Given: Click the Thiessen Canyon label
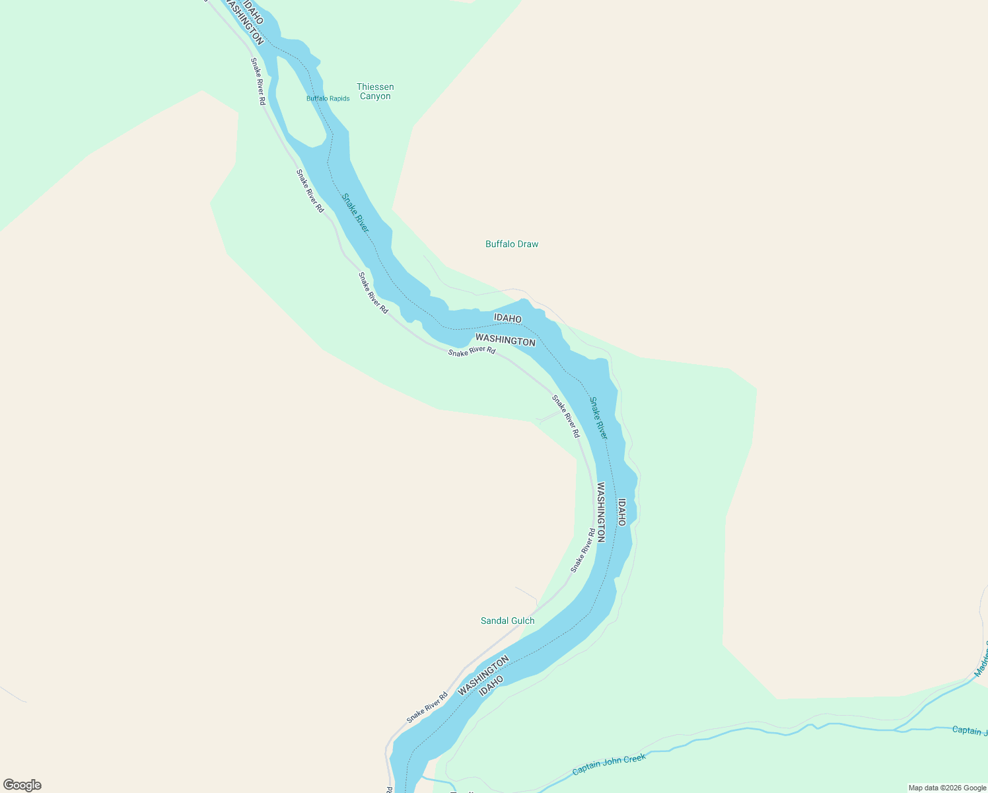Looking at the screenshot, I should [375, 91].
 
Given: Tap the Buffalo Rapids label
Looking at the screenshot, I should [328, 98].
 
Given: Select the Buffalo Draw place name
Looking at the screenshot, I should [512, 244].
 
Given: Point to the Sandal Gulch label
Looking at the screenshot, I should [507, 621].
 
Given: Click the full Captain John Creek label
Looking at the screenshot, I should [609, 765].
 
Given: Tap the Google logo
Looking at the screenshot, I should [22, 785].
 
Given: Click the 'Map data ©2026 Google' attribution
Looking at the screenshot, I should [947, 788].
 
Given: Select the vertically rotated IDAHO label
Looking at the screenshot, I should [621, 512].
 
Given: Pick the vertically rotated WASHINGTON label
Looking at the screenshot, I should [601, 512].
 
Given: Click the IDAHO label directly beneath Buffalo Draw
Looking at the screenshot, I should [508, 318].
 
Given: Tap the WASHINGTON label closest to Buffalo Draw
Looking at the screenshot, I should [505, 340].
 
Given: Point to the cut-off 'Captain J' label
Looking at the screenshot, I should [970, 730].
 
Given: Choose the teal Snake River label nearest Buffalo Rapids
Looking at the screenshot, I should [355, 212].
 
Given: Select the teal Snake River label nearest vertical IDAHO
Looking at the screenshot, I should [598, 418].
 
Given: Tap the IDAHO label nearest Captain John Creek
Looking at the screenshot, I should [491, 685].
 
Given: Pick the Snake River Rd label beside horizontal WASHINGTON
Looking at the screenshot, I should [472, 351].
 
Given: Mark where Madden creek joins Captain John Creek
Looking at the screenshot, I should [896, 730].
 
